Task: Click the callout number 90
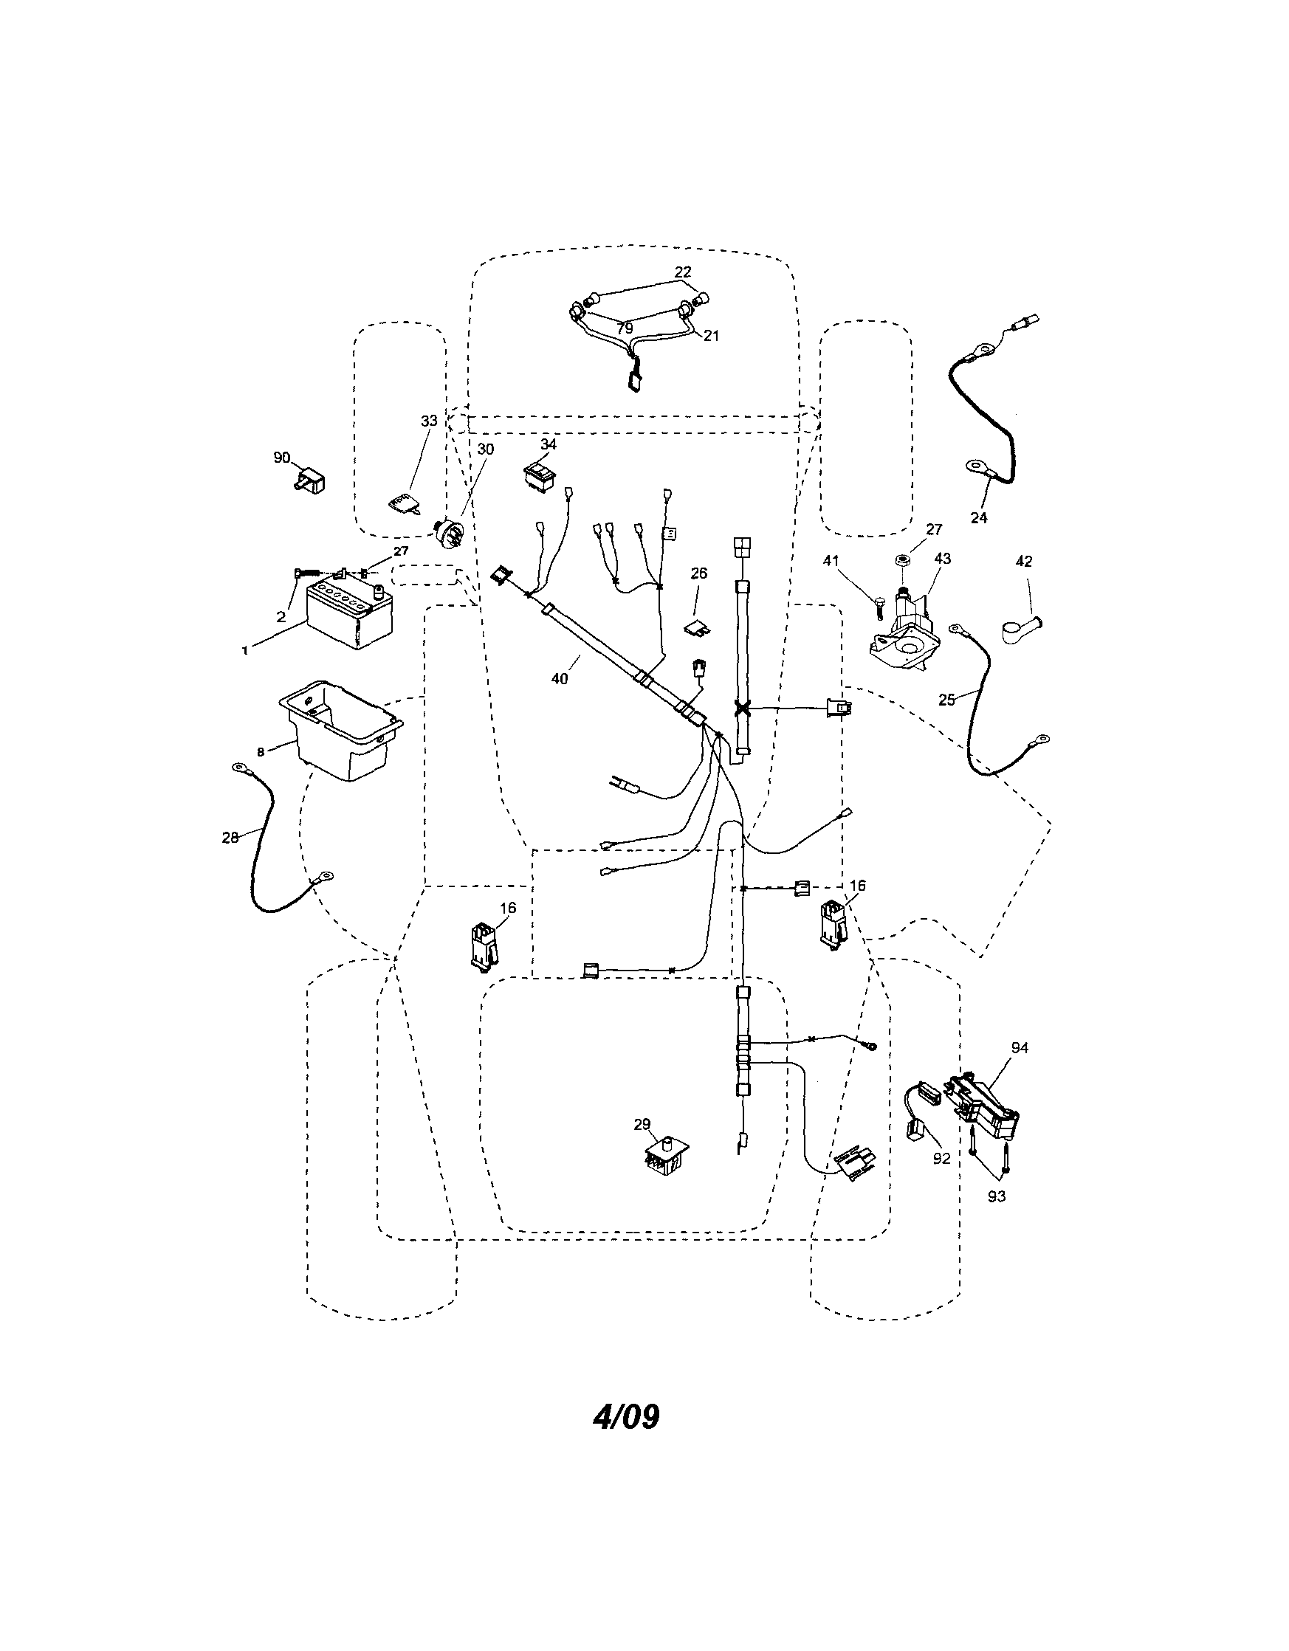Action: tap(281, 458)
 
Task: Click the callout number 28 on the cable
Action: tap(230, 837)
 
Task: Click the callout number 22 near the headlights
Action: tap(682, 272)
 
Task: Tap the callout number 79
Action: tap(624, 329)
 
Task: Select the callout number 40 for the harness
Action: tap(559, 679)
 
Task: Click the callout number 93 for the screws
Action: tap(997, 1196)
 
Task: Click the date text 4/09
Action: tap(625, 1416)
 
